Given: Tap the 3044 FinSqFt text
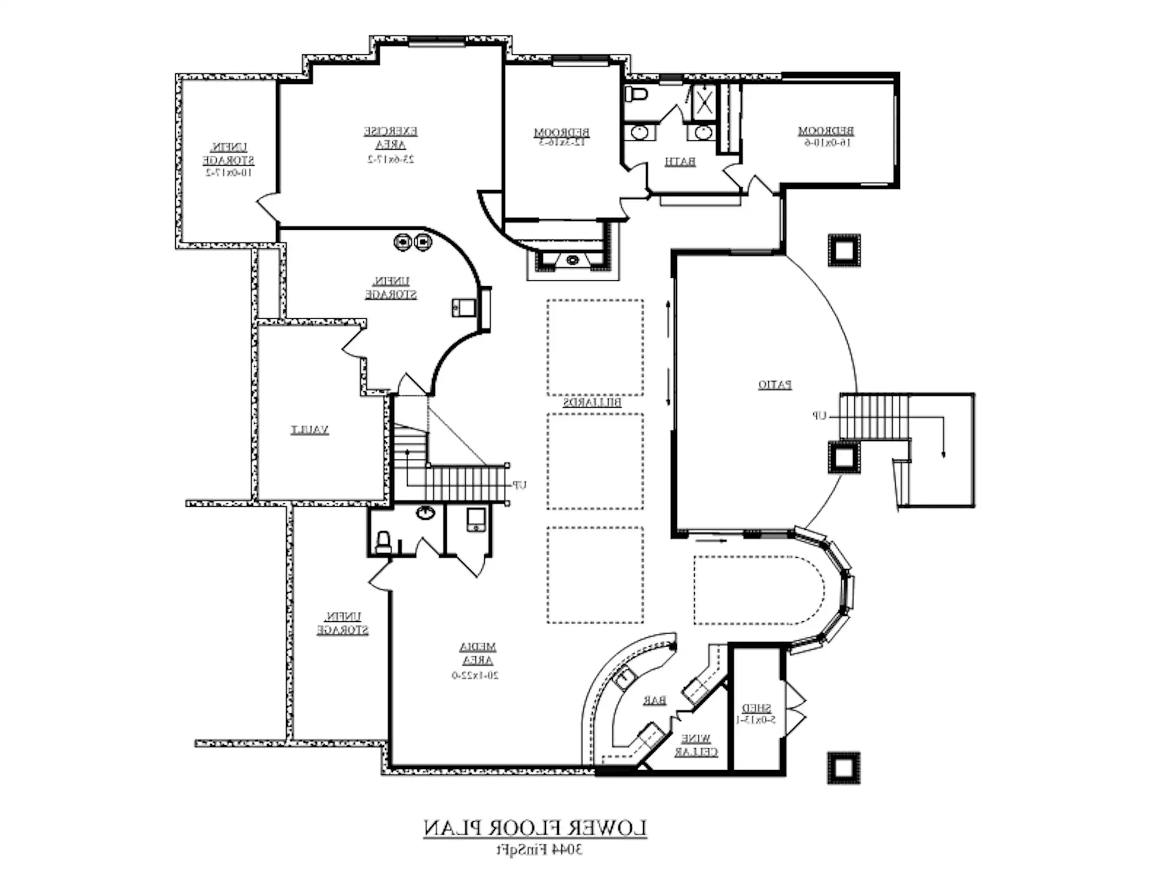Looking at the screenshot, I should coord(539,850).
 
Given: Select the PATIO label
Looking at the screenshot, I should coord(775,385).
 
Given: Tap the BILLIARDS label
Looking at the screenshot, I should coord(592,403).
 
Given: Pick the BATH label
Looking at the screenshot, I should coord(680,162).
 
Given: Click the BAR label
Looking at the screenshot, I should coord(654,701).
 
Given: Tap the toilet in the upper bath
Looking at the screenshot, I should coord(637,94).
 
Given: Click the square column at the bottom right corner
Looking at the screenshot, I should coord(844,768).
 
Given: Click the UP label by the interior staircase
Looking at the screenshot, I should coord(520,484).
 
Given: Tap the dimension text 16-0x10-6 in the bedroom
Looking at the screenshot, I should coord(826,143).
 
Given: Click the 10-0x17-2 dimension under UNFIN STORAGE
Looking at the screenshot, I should coord(228,173).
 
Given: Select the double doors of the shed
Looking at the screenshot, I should coord(795,708).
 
